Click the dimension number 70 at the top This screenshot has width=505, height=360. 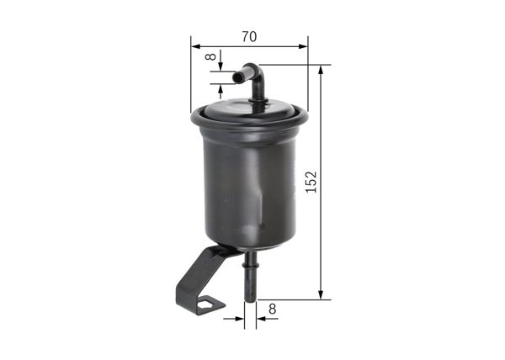click(x=248, y=36)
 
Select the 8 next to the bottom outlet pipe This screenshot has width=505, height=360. click(x=272, y=310)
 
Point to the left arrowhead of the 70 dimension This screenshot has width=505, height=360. click(x=195, y=47)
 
